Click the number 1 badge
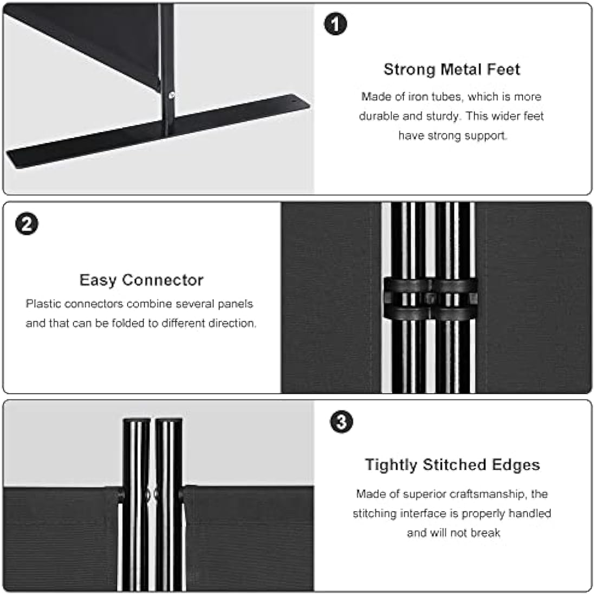pyautogui.click(x=335, y=24)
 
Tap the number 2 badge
pyautogui.click(x=27, y=223)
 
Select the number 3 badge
pyautogui.click(x=341, y=422)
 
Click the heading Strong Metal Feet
pyautogui.click(x=451, y=69)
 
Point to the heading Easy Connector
pyautogui.click(x=141, y=280)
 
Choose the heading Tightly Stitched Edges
pyautogui.click(x=452, y=465)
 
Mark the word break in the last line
pyautogui.click(x=485, y=533)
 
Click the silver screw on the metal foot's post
pyautogui.click(x=171, y=96)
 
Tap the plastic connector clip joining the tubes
pyautogui.click(x=430, y=299)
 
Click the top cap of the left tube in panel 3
pyautogui.click(x=137, y=420)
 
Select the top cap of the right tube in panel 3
pyautogui.click(x=169, y=420)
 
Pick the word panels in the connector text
pyautogui.click(x=235, y=305)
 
